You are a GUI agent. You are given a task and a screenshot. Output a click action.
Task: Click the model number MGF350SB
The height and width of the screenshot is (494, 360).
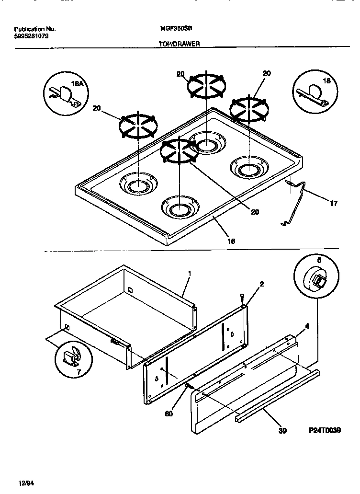click(x=172, y=28)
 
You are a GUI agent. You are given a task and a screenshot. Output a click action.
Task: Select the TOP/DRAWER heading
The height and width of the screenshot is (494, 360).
click(x=179, y=43)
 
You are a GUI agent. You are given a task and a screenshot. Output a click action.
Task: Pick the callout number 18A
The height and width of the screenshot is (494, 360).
click(x=77, y=84)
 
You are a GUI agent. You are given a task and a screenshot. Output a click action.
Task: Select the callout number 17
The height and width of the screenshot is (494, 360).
click(x=334, y=204)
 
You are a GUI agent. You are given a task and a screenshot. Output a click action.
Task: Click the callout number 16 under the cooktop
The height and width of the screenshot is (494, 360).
click(x=231, y=241)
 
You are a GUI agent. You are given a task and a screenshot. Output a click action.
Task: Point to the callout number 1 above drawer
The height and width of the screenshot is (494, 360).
click(x=189, y=273)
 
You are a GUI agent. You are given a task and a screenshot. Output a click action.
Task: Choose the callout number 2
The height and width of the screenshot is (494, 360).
click(x=261, y=284)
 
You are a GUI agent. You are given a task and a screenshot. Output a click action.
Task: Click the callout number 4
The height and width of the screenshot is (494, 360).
click(x=307, y=326)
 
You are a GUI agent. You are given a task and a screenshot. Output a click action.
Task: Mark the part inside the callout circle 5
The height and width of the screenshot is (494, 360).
click(x=315, y=280)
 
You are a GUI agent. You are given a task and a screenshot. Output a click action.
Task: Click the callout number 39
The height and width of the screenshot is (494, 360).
click(x=282, y=431)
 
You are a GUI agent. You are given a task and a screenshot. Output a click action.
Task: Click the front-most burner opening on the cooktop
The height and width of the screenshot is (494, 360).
click(x=179, y=208)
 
